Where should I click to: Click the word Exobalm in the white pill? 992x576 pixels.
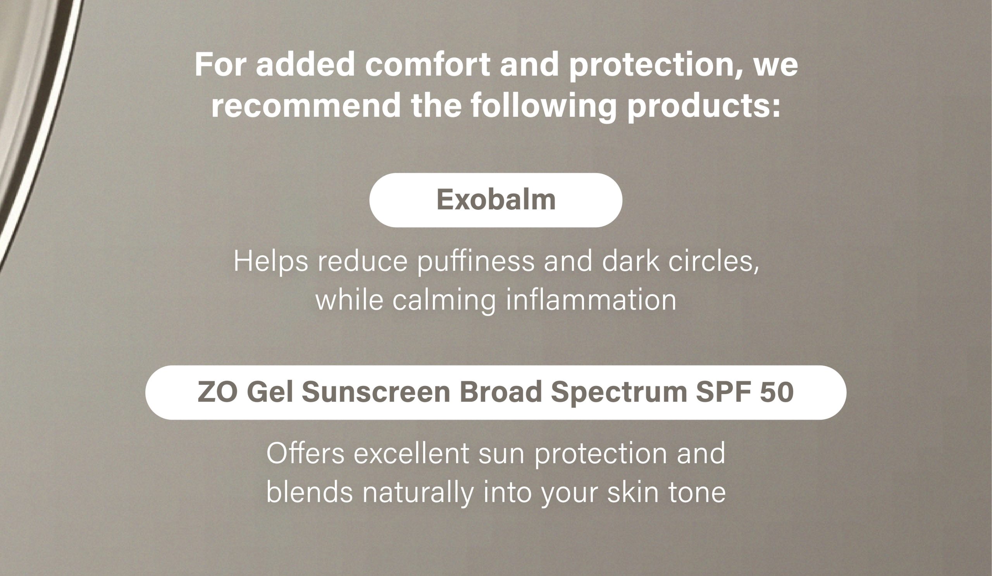(x=496, y=200)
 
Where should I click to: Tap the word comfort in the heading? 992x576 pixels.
(x=428, y=64)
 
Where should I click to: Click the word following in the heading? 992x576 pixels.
(x=543, y=107)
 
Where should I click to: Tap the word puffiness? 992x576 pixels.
(x=476, y=261)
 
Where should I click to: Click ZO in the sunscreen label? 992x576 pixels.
(x=217, y=392)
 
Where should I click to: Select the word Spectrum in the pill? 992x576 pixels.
(x=618, y=393)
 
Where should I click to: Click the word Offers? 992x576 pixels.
(x=305, y=453)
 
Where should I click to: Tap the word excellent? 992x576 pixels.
(x=412, y=453)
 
